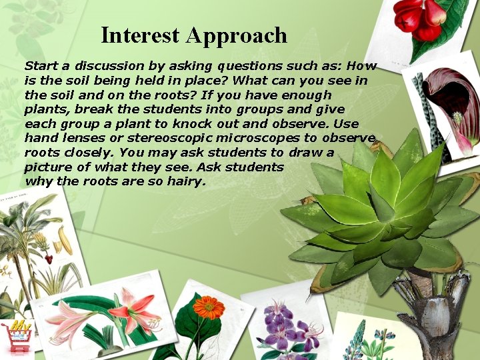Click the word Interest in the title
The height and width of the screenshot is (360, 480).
pos(141,35)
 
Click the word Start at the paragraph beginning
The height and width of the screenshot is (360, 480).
pos(41,66)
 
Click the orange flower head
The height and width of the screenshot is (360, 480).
pos(209,307)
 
